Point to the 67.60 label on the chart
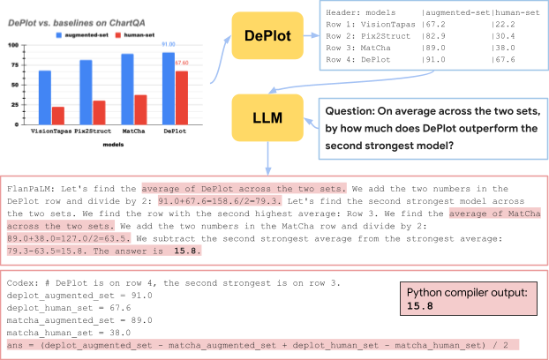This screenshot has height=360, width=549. (x=183, y=63)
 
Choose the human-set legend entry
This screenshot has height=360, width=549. (x=150, y=35)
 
